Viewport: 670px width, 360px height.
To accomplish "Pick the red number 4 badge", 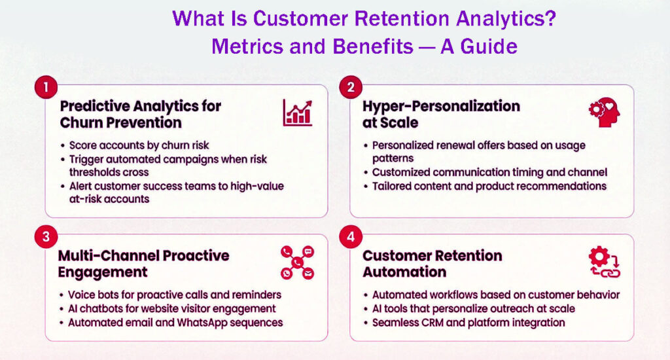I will (351, 237).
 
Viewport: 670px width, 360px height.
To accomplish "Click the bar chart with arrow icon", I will (298, 113).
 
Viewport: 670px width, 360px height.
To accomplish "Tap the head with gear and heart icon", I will (603, 113).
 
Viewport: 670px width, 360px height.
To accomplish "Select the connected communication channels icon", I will (298, 262).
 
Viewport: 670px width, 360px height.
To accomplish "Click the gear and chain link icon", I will (603, 262).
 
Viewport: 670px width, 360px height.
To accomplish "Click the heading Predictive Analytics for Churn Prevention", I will (141, 114).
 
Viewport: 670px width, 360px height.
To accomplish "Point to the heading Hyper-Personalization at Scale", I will (442, 114).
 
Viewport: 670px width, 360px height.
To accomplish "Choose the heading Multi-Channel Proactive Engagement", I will (144, 263).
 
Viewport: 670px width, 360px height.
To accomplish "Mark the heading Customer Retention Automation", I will (432, 263).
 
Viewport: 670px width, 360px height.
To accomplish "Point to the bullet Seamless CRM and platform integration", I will (468, 323).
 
